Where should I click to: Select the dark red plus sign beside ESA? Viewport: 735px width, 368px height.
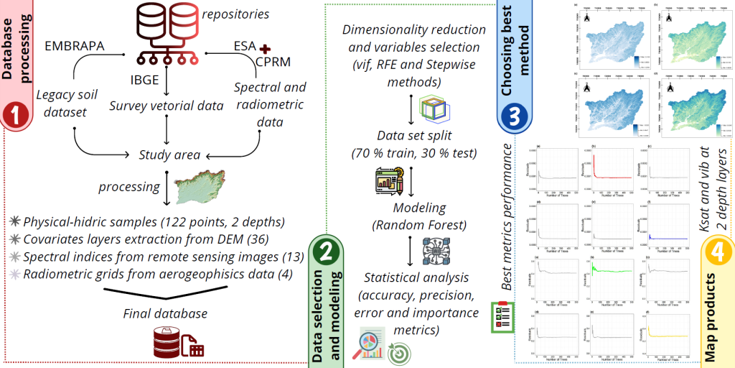pos(267,48)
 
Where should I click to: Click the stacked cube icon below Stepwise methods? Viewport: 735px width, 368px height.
pos(431,110)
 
